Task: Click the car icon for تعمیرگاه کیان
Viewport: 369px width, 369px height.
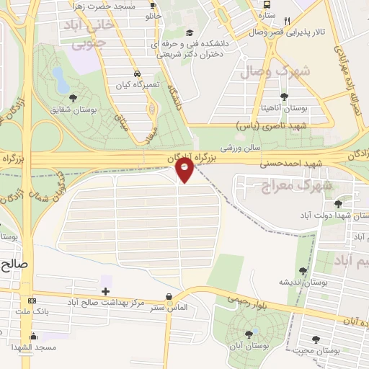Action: pyautogui.click(x=137, y=74)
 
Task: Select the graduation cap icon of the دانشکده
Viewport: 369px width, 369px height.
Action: pyautogui.click(x=190, y=32)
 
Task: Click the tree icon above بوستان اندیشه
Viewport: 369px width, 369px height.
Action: pyautogui.click(x=303, y=271)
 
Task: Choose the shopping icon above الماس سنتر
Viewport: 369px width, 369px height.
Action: pyautogui.click(x=169, y=296)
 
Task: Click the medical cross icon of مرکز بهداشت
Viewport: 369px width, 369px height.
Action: pyautogui.click(x=106, y=291)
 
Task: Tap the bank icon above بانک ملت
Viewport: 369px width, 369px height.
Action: pyautogui.click(x=31, y=300)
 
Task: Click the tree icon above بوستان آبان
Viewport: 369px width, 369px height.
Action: pyautogui.click(x=249, y=333)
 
